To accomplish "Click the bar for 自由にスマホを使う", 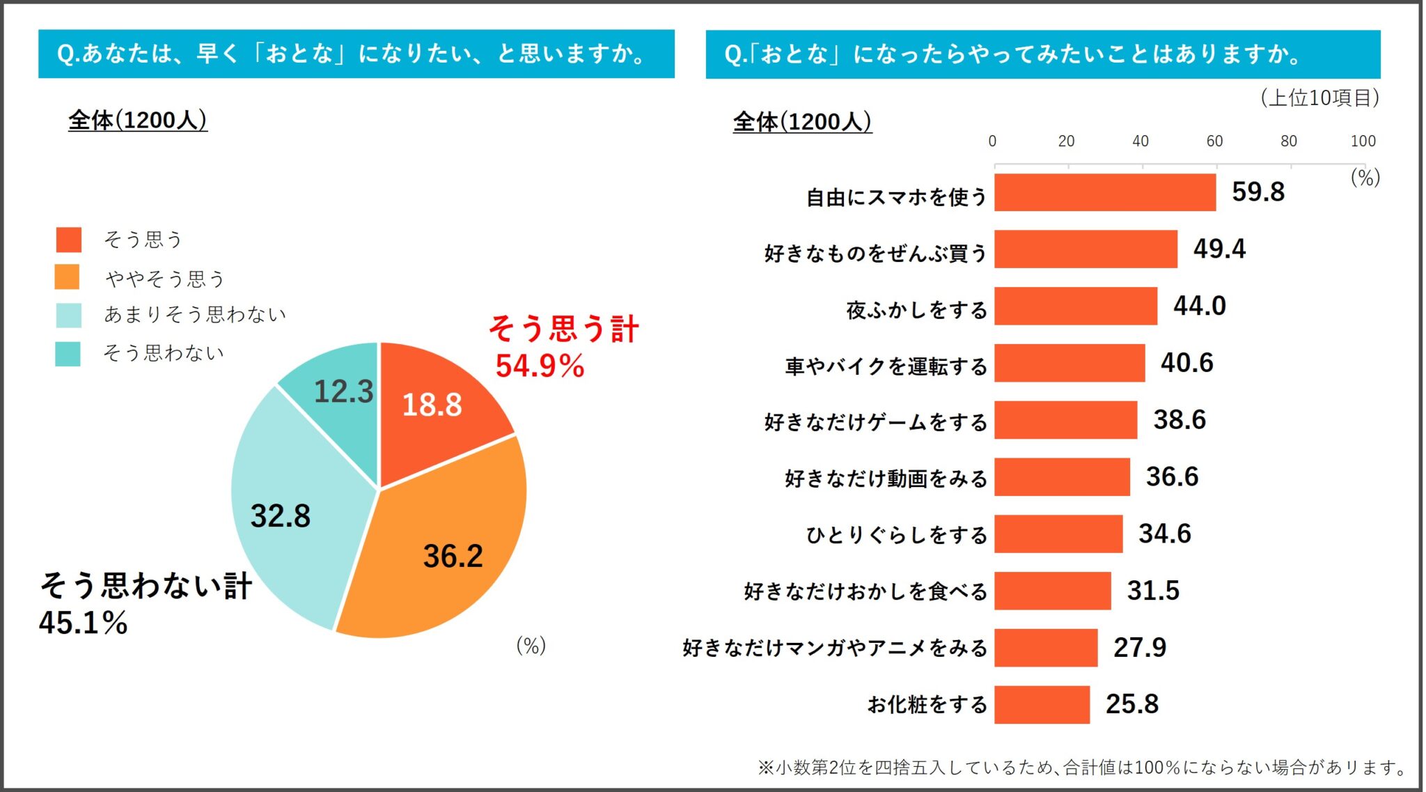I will [1105, 192].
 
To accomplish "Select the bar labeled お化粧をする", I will [1042, 704].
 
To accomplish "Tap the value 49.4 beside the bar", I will [1219, 249].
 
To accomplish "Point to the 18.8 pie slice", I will [439, 411].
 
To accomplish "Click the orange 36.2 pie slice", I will [446, 550].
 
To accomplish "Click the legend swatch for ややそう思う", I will [68, 277].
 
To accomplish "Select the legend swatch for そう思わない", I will [68, 353].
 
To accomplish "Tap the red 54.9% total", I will [540, 366].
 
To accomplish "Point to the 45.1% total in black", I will [84, 622].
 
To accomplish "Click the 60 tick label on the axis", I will [1214, 141].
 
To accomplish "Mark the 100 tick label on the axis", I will [1363, 141].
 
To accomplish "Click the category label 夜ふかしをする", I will [916, 309].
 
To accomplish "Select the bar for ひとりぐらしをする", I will [1058, 534].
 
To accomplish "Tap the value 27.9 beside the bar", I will [1140, 647].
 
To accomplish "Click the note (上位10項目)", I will [1320, 98].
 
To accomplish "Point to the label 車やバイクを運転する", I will [886, 366].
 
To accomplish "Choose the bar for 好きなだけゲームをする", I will [1065, 420].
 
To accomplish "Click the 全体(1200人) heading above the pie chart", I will [137, 121].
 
